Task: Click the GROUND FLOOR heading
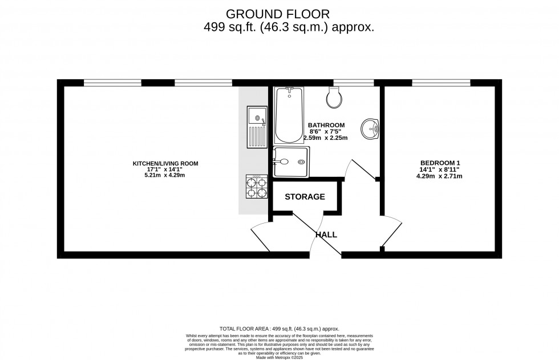[x=277, y=13]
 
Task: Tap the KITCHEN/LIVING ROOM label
[x=165, y=164]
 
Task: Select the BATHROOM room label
[x=326, y=125]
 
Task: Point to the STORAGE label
[x=305, y=197]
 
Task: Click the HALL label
[x=326, y=234]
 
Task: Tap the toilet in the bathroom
[x=334, y=98]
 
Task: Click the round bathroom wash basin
[x=371, y=129]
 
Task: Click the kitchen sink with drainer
[x=257, y=126]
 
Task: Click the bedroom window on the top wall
[x=441, y=83]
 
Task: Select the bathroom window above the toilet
[x=353, y=83]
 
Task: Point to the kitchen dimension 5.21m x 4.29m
[x=165, y=175]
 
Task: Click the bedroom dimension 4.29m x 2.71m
[x=439, y=176]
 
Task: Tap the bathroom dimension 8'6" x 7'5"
[x=326, y=131]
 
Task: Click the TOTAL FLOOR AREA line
[x=279, y=329]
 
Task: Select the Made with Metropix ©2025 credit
[x=279, y=357]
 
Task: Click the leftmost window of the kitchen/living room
[x=112, y=83]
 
